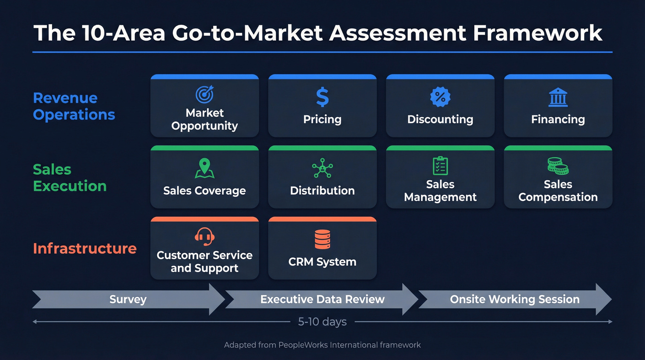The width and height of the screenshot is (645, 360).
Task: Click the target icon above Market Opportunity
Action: (x=205, y=94)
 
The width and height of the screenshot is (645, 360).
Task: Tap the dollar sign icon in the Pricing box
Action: (x=322, y=97)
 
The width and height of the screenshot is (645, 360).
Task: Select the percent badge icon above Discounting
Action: (x=440, y=97)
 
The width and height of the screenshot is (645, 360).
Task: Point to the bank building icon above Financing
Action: (x=558, y=97)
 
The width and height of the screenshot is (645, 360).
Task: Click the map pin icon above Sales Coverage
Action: (x=205, y=168)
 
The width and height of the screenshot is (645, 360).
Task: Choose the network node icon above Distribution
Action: (x=322, y=168)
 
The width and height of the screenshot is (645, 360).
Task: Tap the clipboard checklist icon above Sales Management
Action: (x=440, y=165)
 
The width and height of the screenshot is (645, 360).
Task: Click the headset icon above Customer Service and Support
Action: (x=204, y=237)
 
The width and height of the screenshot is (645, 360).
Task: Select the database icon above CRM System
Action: (x=322, y=239)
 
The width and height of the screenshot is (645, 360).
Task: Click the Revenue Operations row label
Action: (x=74, y=106)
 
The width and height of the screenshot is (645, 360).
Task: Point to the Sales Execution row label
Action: (x=70, y=177)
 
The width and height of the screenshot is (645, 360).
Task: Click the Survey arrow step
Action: (x=128, y=300)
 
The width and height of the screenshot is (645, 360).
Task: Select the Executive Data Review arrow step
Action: (x=322, y=300)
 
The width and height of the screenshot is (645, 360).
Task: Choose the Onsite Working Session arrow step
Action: (x=514, y=300)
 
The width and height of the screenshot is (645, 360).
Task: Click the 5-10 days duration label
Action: (x=322, y=322)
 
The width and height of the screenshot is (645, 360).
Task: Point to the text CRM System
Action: (x=322, y=262)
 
